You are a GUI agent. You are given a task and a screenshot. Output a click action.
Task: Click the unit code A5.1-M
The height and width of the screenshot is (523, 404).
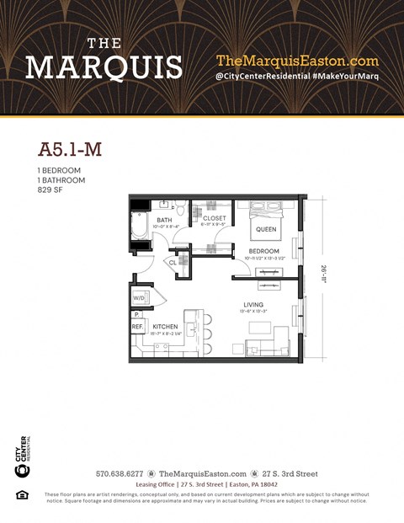click(x=70, y=150)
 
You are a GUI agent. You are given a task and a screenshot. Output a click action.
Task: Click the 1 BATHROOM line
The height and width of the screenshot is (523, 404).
click(x=61, y=180)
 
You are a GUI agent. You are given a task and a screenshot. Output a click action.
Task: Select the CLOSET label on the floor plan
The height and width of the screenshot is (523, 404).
click(x=215, y=219)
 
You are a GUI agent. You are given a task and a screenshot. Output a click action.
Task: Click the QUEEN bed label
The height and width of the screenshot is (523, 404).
click(x=266, y=229)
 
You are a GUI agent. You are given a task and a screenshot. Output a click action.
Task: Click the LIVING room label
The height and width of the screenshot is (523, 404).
click(x=253, y=304)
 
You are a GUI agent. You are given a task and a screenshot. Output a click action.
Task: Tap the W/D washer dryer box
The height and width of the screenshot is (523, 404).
click(x=138, y=298)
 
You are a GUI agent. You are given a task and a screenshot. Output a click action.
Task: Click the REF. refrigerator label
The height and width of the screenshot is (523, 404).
click(x=136, y=326)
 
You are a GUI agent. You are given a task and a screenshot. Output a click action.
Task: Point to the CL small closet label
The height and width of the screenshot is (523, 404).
click(x=173, y=263)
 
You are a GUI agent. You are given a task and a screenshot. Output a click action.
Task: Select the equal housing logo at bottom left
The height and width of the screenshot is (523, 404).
click(x=23, y=494)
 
